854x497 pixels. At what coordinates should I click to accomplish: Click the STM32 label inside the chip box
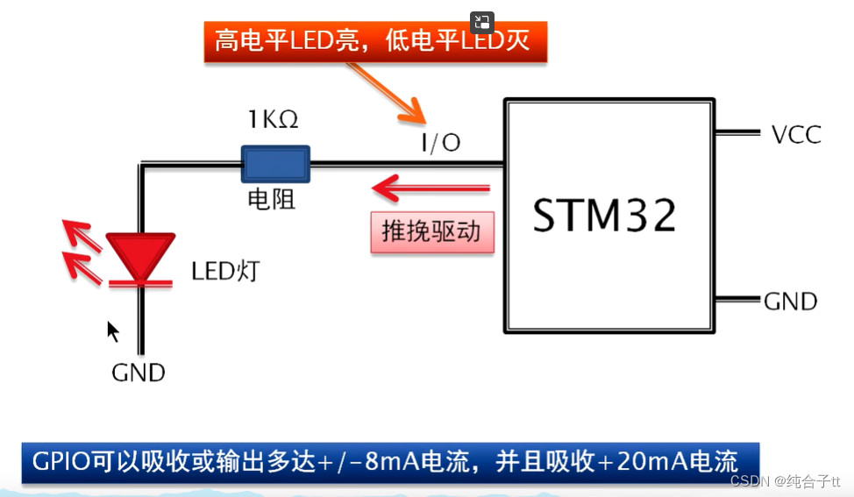tap(605, 215)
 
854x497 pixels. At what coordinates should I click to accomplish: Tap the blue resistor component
tap(275, 163)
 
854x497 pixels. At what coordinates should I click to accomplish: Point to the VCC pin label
tap(796, 134)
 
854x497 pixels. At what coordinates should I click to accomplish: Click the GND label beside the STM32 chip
tap(791, 302)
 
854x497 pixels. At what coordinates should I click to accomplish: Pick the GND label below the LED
tap(139, 373)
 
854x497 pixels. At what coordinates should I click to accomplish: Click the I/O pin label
tap(441, 142)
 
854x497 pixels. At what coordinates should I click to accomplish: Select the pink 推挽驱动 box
tap(431, 231)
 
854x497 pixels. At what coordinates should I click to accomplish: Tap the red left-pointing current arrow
tap(430, 188)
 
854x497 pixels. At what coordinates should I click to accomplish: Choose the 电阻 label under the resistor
tap(272, 200)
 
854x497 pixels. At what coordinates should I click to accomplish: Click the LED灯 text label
tap(225, 271)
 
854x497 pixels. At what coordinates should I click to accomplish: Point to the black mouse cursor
tap(113, 331)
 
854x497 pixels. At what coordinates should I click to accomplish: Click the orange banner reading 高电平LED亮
tap(374, 40)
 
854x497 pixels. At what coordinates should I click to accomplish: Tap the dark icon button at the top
tap(482, 23)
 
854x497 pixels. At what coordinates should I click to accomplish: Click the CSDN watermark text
tap(749, 481)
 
